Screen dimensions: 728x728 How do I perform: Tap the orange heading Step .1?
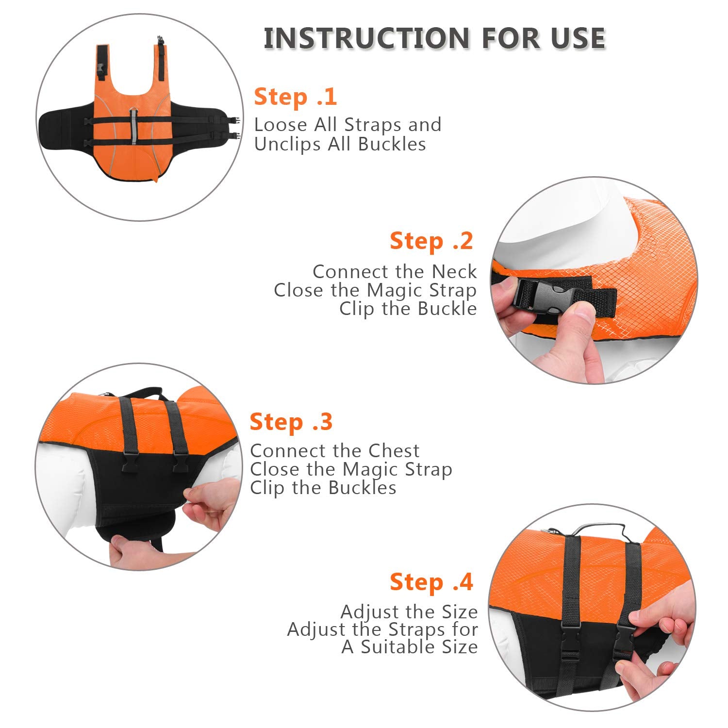295,97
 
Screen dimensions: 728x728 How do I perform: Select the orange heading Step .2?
431,241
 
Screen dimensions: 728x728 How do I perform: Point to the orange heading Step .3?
291,422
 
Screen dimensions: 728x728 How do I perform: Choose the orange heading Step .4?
431,582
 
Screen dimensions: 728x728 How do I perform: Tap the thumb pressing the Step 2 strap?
578,318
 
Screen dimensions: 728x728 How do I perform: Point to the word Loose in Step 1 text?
281,125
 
